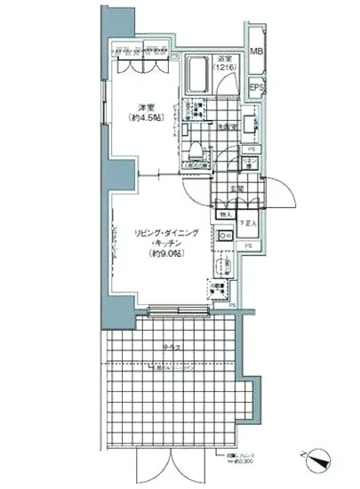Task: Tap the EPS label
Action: (255, 88)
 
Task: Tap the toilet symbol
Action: (196, 149)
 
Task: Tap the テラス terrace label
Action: (174, 346)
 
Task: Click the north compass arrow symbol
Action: (321, 460)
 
